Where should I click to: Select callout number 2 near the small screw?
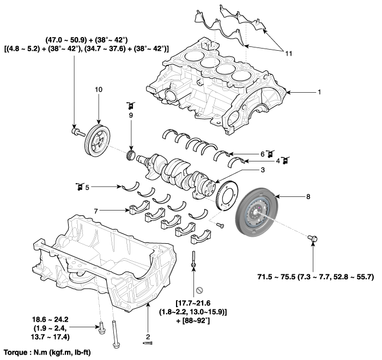pyautogui.click(x=147, y=337)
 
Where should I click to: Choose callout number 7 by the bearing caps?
pyautogui.click(x=97, y=210)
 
